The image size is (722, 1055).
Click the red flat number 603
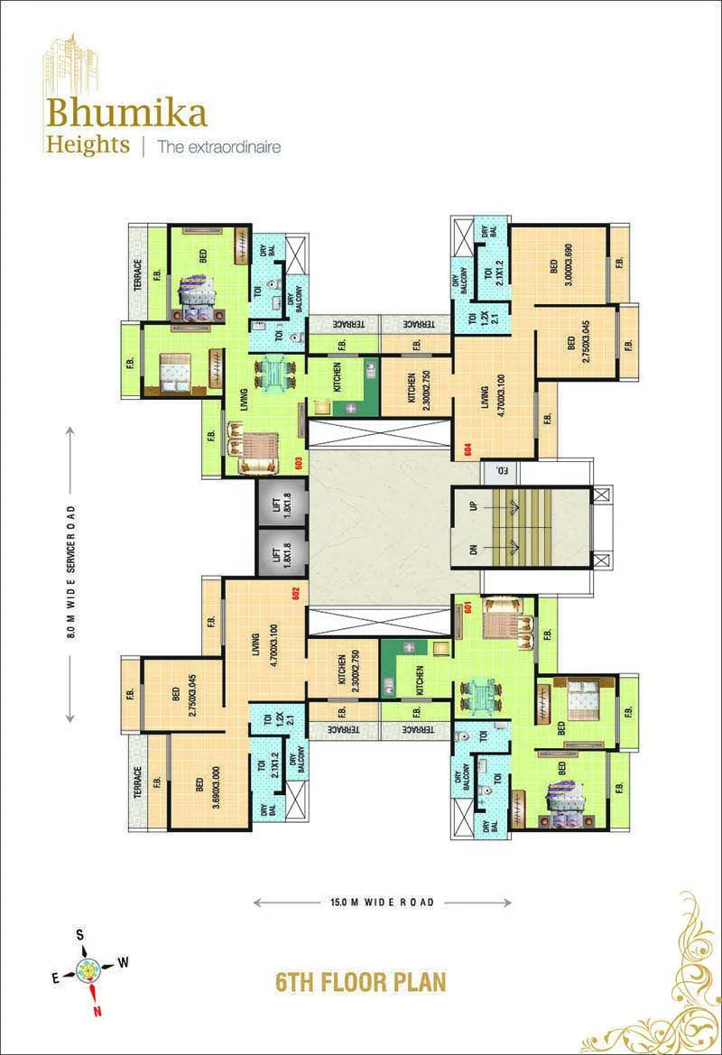(x=299, y=461)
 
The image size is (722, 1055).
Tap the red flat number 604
(x=468, y=449)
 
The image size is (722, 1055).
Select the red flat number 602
(x=294, y=593)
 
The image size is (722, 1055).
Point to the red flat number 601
(x=468, y=606)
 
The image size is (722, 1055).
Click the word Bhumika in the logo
(x=127, y=113)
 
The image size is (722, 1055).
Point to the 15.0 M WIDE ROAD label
(x=382, y=902)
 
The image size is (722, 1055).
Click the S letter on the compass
(x=79, y=935)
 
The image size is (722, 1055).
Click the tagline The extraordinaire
(x=218, y=146)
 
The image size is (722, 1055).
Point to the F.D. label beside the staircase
(x=496, y=471)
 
